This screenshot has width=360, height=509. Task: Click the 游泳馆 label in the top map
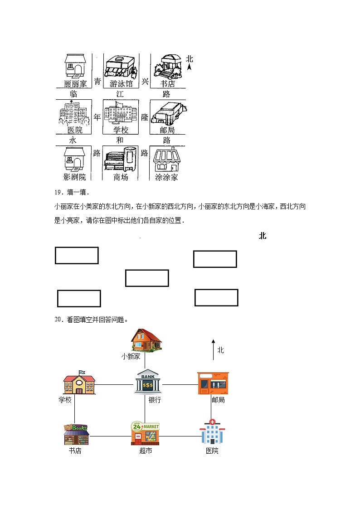click(121, 84)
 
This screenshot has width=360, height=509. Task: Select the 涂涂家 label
click(166, 177)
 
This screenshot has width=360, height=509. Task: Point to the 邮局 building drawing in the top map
click(166, 112)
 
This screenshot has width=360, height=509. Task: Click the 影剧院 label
click(75, 177)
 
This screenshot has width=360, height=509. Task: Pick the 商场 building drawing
click(121, 159)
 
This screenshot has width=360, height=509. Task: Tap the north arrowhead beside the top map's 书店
click(190, 67)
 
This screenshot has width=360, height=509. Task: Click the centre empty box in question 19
click(147, 278)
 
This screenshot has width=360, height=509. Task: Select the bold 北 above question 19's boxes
click(263, 236)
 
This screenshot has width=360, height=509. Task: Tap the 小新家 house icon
click(146, 340)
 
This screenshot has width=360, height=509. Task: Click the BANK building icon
click(148, 383)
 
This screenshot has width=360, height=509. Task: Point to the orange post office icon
click(213, 383)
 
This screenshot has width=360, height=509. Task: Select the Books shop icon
click(76, 435)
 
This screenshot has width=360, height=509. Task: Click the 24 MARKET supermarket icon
click(145, 434)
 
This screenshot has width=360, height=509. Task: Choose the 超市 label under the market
click(146, 451)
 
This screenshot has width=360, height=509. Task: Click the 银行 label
click(155, 400)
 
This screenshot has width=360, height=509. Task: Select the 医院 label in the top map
click(75, 130)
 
